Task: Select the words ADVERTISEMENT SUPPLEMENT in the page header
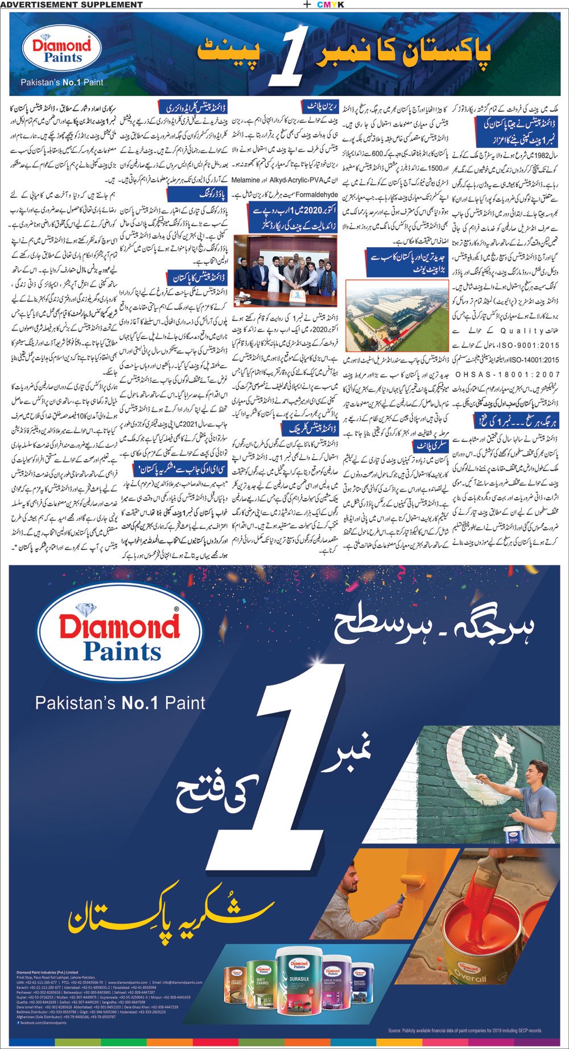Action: pyautogui.click(x=72, y=5)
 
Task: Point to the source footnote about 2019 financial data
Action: pyautogui.click(x=465, y=1030)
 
